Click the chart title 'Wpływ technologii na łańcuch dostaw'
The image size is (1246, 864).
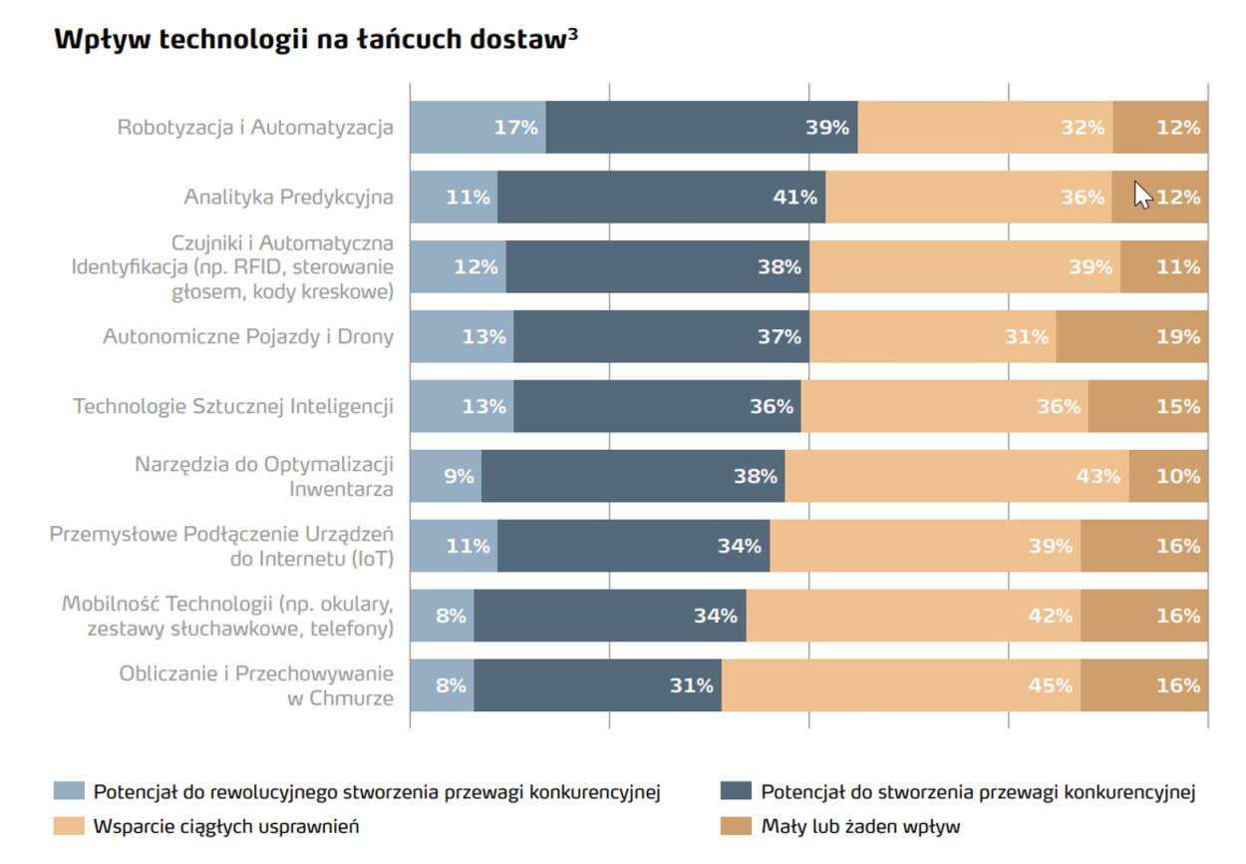point(309,40)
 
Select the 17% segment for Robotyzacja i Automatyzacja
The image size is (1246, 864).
point(478,127)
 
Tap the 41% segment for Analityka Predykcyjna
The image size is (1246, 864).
point(661,197)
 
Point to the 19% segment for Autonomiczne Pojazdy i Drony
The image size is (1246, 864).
point(1132,336)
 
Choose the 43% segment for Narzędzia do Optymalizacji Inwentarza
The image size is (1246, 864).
point(957,476)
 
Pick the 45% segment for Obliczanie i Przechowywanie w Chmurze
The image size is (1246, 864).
point(901,685)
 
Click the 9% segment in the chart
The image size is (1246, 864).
point(446,476)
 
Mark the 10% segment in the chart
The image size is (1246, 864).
point(1168,476)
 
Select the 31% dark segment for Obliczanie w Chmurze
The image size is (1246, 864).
point(597,685)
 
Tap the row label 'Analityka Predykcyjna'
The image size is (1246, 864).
point(288,197)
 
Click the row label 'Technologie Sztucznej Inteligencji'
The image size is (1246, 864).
point(233,406)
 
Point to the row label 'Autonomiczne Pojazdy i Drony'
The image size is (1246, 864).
point(248,336)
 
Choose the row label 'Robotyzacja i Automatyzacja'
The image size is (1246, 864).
point(255,127)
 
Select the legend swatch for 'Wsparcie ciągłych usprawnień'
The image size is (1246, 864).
point(68,826)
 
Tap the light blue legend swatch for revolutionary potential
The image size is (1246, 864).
point(68,792)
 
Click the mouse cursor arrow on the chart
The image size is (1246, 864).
point(1142,196)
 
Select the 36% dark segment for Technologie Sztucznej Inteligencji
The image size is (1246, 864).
point(657,406)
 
